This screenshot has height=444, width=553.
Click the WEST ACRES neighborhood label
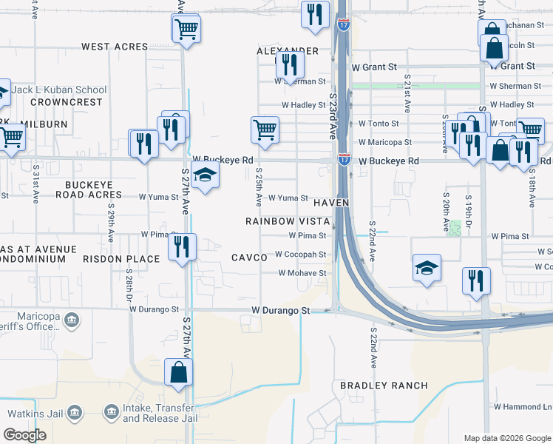(115, 47)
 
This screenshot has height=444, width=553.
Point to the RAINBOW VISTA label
(287, 221)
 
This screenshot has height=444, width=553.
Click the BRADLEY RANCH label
(384, 386)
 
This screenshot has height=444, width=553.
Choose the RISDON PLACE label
(121, 259)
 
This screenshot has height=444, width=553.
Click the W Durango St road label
(280, 311)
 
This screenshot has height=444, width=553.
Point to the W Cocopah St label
(300, 254)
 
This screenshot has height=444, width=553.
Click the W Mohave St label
(302, 273)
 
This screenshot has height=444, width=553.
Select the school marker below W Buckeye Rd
(204, 175)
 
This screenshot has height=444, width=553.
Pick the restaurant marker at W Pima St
(182, 246)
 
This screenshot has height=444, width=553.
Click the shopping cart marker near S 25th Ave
(265, 130)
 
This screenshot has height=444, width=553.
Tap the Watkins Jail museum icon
(74, 412)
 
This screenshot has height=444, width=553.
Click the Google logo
(24, 435)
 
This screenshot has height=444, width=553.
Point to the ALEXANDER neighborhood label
(287, 51)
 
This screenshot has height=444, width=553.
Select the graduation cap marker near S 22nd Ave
(427, 268)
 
